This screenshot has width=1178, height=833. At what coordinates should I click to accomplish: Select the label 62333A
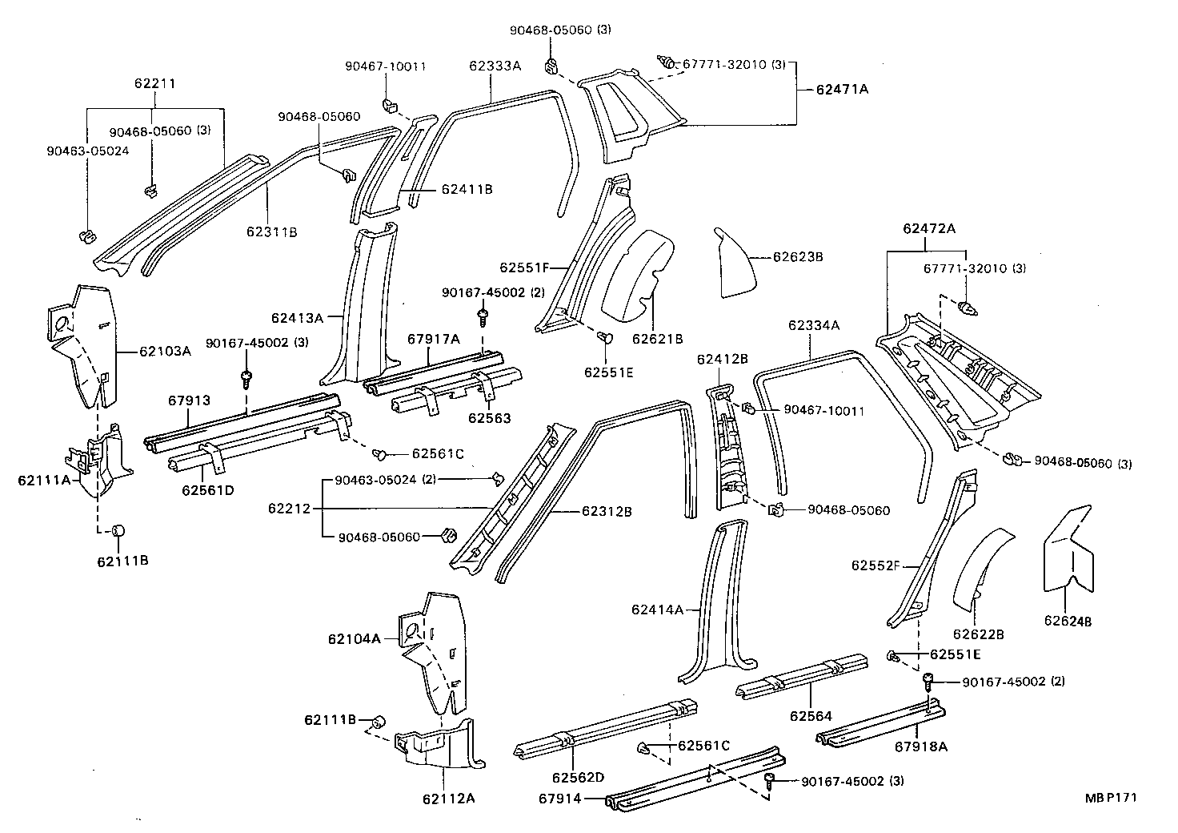[x=495, y=66]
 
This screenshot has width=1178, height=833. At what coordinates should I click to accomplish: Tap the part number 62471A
[x=842, y=90]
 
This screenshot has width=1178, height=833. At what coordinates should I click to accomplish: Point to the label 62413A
[x=297, y=318]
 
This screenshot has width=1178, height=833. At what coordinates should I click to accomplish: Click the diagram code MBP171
[x=1111, y=798]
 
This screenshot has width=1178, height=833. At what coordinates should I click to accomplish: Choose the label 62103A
[x=165, y=351]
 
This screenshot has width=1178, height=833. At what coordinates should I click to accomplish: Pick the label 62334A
[x=814, y=325]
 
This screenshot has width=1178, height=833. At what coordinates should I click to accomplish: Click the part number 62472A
[x=929, y=228]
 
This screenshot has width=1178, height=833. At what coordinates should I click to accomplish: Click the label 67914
[x=559, y=798]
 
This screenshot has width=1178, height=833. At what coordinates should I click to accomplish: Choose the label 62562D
[x=578, y=777]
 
